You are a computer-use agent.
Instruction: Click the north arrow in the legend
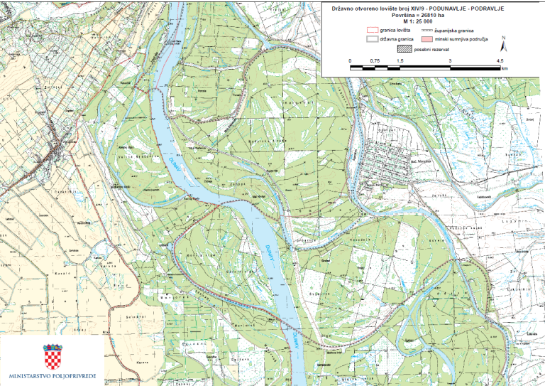click(x=503, y=44)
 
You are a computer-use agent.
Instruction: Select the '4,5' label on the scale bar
click(x=500, y=63)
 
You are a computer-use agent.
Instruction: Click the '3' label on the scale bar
click(x=450, y=63)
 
